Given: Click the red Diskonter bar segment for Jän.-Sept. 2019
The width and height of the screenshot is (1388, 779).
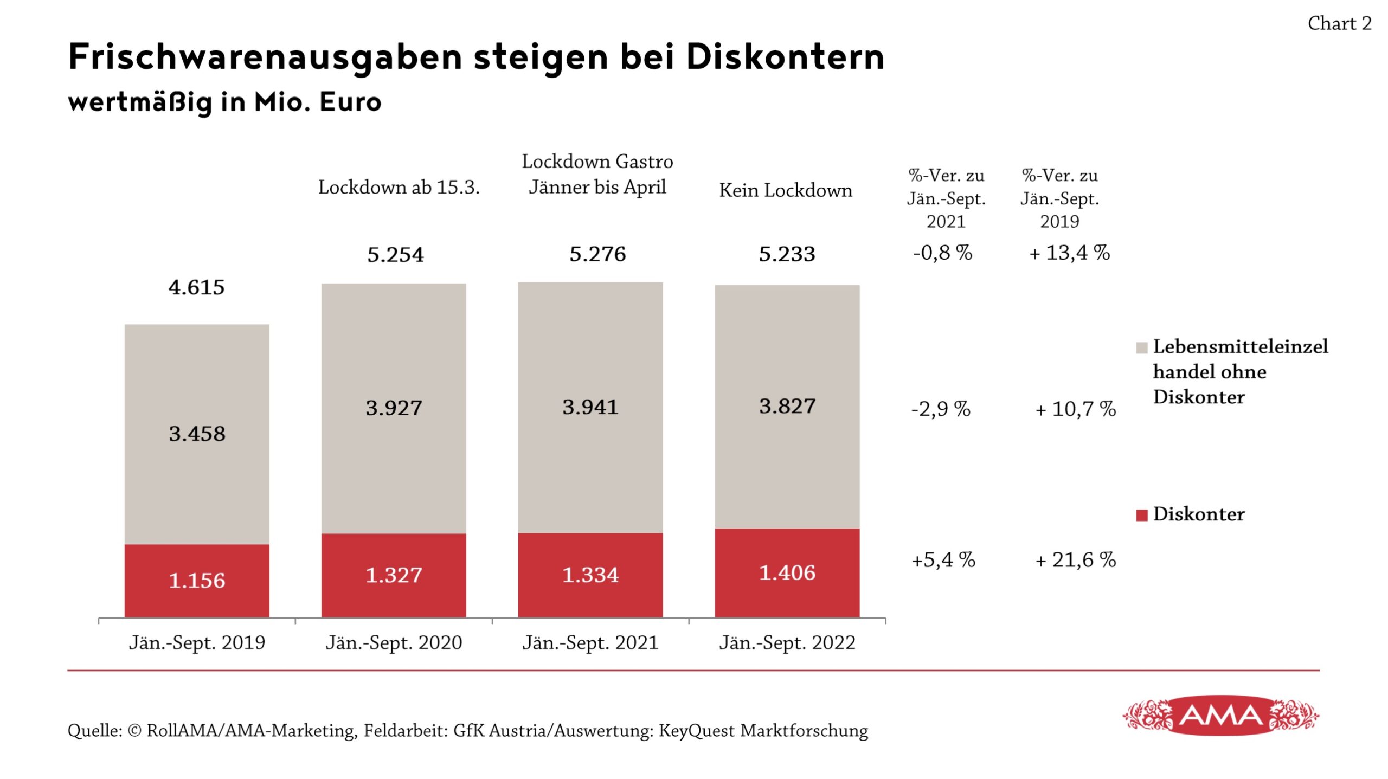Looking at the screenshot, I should pyautogui.click(x=197, y=580).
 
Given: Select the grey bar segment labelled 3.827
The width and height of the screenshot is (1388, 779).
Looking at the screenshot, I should pyautogui.click(x=787, y=407).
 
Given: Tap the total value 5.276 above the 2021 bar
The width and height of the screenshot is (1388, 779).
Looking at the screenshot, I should pyautogui.click(x=597, y=254).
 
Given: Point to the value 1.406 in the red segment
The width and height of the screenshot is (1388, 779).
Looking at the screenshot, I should pyautogui.click(x=787, y=572).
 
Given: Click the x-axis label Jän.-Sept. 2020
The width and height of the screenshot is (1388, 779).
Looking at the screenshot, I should pyautogui.click(x=394, y=642).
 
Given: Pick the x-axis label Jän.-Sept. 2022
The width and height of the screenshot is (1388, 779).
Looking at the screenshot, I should pyautogui.click(x=787, y=642).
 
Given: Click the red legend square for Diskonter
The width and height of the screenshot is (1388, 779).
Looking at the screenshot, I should pyautogui.click(x=1141, y=515).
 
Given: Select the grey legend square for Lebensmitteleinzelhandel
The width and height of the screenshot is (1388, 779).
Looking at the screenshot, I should pyautogui.click(x=1141, y=347).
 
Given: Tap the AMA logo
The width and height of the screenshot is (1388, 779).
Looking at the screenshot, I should pyautogui.click(x=1220, y=716).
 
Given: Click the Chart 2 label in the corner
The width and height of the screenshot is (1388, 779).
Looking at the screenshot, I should pyautogui.click(x=1339, y=23).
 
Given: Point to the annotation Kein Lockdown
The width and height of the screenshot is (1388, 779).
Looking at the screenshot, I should pyautogui.click(x=785, y=190).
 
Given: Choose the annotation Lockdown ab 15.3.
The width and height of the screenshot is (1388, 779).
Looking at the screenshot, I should pyautogui.click(x=399, y=187).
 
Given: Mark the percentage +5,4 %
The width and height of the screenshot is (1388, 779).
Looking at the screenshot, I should pyautogui.click(x=943, y=559).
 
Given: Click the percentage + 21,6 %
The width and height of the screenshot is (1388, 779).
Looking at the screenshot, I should pyautogui.click(x=1075, y=559).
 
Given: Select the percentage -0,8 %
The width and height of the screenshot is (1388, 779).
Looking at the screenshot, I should pyautogui.click(x=942, y=253).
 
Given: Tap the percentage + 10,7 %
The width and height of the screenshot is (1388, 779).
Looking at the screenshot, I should pyautogui.click(x=1075, y=409).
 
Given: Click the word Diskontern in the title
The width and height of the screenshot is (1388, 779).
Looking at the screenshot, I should pyautogui.click(x=785, y=56).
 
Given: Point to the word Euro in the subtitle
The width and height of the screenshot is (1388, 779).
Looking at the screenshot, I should pyautogui.click(x=350, y=101).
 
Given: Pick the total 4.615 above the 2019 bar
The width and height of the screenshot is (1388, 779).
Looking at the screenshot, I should pyautogui.click(x=196, y=287).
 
